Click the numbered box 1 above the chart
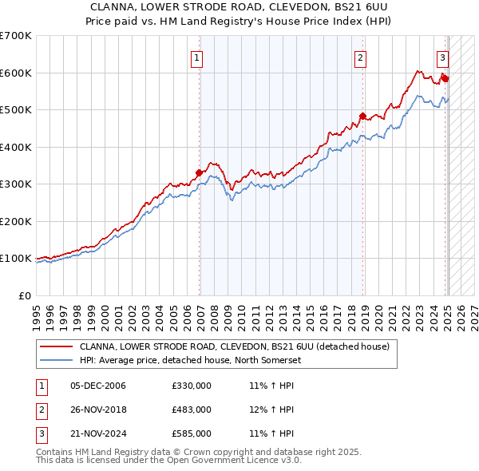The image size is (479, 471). click(196, 57)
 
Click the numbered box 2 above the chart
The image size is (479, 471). click(361, 57)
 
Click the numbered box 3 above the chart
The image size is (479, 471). click(442, 57)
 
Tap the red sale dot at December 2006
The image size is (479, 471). click(199, 172)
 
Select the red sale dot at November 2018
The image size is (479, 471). click(362, 116)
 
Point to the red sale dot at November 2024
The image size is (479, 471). click(445, 78)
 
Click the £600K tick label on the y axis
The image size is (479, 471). click(16, 73)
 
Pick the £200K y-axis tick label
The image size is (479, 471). click(16, 221)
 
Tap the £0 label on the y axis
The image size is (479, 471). click(24, 295)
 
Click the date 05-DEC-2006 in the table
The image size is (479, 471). click(98, 386)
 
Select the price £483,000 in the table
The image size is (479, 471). click(192, 410)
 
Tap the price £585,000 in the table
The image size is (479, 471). click(192, 433)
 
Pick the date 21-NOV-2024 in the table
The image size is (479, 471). click(98, 433)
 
